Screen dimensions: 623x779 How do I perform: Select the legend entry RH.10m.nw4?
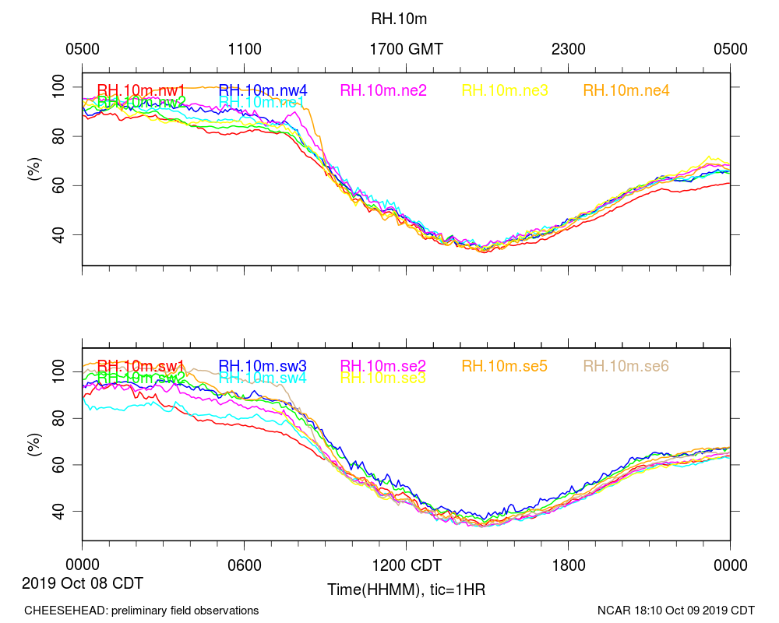pyautogui.click(x=263, y=90)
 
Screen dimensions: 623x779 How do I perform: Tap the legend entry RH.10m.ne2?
pyautogui.click(x=384, y=90)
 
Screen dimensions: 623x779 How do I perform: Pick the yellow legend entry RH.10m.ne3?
pyautogui.click(x=506, y=90)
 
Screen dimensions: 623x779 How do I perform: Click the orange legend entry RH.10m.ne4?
pyautogui.click(x=626, y=90)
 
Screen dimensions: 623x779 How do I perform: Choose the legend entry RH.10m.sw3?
pyautogui.click(x=263, y=366)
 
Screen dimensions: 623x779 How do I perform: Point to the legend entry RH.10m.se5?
pyautogui.click(x=506, y=366)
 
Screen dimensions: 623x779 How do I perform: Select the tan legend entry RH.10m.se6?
pyautogui.click(x=626, y=366)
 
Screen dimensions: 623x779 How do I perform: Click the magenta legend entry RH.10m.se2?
pyautogui.click(x=384, y=366)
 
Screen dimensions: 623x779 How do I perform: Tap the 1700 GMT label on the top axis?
pyautogui.click(x=406, y=49)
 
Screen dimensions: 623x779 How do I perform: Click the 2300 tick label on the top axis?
pyautogui.click(x=569, y=49)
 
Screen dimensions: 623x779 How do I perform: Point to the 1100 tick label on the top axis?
pyautogui.click(x=245, y=49)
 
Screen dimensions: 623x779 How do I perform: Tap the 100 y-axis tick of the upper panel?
pyautogui.click(x=59, y=86)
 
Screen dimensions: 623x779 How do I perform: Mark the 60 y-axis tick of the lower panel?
pyautogui.click(x=64, y=465)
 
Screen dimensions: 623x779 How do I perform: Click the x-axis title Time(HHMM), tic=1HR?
pyautogui.click(x=406, y=589)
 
